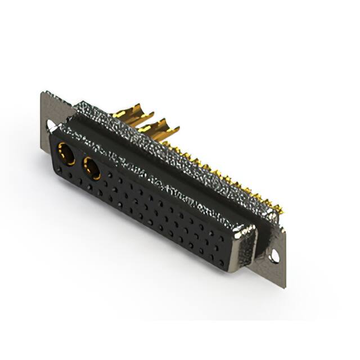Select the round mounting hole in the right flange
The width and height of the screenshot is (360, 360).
tap(274, 256)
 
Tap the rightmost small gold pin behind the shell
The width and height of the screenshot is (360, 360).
tap(279, 211)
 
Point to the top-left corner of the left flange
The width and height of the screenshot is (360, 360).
tap(42, 93)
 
